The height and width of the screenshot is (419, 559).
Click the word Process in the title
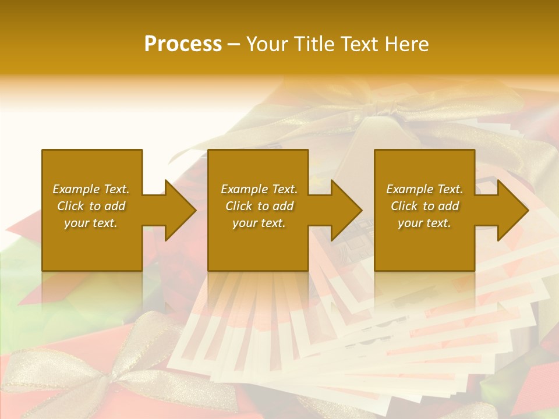183,44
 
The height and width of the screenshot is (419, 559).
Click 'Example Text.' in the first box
91,189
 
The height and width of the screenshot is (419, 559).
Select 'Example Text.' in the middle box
259,189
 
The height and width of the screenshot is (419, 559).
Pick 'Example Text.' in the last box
424,189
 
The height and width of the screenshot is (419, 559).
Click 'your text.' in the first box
91,223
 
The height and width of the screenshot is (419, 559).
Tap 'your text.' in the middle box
259,223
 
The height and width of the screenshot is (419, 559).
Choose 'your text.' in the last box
424,223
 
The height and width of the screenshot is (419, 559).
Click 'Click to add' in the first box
91,206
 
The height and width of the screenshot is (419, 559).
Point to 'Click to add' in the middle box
259,206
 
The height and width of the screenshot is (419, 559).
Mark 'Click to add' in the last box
424,206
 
